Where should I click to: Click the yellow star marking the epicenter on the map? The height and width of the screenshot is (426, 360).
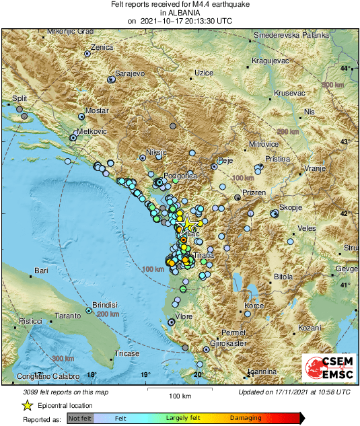click(x=190, y=224)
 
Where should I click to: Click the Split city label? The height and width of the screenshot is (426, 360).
click(x=20, y=98)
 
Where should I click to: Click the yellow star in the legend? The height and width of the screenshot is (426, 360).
click(x=28, y=405)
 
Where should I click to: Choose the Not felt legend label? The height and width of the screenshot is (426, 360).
click(x=80, y=418)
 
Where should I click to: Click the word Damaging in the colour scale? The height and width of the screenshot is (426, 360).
click(x=246, y=418)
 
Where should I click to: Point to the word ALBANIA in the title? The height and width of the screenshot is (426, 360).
click(x=180, y=13)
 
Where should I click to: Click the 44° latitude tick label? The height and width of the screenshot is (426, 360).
click(x=345, y=69)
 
